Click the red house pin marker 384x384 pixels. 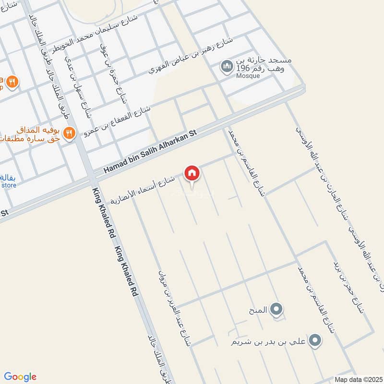tap(192, 173)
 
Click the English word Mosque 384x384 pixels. tap(248, 76)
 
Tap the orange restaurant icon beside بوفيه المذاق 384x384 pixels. tap(70, 132)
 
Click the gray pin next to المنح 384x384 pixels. tap(276, 310)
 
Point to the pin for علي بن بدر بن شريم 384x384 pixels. tap(314, 341)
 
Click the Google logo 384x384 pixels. tap(21, 377)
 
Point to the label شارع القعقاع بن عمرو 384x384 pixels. tap(118, 120)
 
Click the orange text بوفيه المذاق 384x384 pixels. tap(40, 130)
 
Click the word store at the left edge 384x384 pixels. tap(9, 185)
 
